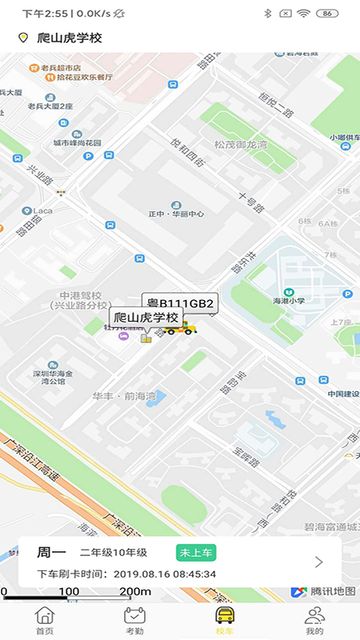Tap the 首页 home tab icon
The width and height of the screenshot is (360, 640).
[x=45, y=615]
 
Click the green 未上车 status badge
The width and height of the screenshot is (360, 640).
[x=196, y=552]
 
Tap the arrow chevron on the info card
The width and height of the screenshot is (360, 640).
[x=318, y=562]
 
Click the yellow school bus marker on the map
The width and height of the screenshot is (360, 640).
[x=180, y=326]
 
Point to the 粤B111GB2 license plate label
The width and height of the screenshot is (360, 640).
[x=179, y=303]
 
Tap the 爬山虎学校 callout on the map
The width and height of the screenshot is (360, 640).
[x=144, y=318]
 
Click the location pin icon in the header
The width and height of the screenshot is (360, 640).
[x=23, y=38]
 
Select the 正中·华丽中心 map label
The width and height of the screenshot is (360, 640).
[x=176, y=214]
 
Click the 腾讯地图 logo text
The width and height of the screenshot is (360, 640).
[x=333, y=591]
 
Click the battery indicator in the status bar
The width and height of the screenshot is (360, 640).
[x=326, y=14]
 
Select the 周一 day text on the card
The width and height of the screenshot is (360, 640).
[x=50, y=552]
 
